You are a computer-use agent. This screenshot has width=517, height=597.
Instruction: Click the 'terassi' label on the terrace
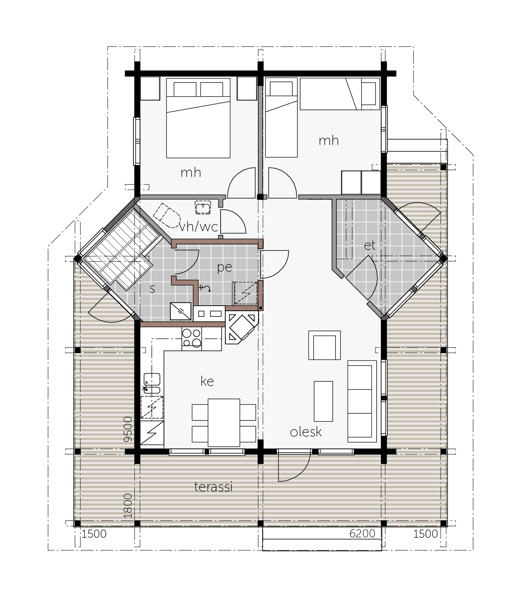(x=214, y=487)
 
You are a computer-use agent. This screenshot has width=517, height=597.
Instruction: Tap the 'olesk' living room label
(x=306, y=432)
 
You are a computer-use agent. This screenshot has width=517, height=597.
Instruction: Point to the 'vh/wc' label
(x=199, y=227)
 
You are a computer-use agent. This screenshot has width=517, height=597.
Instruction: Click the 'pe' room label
(x=225, y=267)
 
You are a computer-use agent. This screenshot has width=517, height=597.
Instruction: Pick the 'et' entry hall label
(x=369, y=246)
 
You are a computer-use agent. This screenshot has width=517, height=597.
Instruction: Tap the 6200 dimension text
(x=362, y=534)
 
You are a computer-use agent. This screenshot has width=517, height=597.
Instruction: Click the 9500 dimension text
(x=128, y=429)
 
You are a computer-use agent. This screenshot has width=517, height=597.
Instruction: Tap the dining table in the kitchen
(x=224, y=422)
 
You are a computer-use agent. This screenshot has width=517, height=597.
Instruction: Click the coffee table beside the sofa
(x=323, y=401)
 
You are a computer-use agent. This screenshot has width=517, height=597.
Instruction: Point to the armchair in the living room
(x=324, y=345)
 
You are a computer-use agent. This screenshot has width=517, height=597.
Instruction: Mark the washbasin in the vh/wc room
(x=203, y=207)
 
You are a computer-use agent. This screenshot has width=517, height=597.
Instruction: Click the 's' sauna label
(x=152, y=289)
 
